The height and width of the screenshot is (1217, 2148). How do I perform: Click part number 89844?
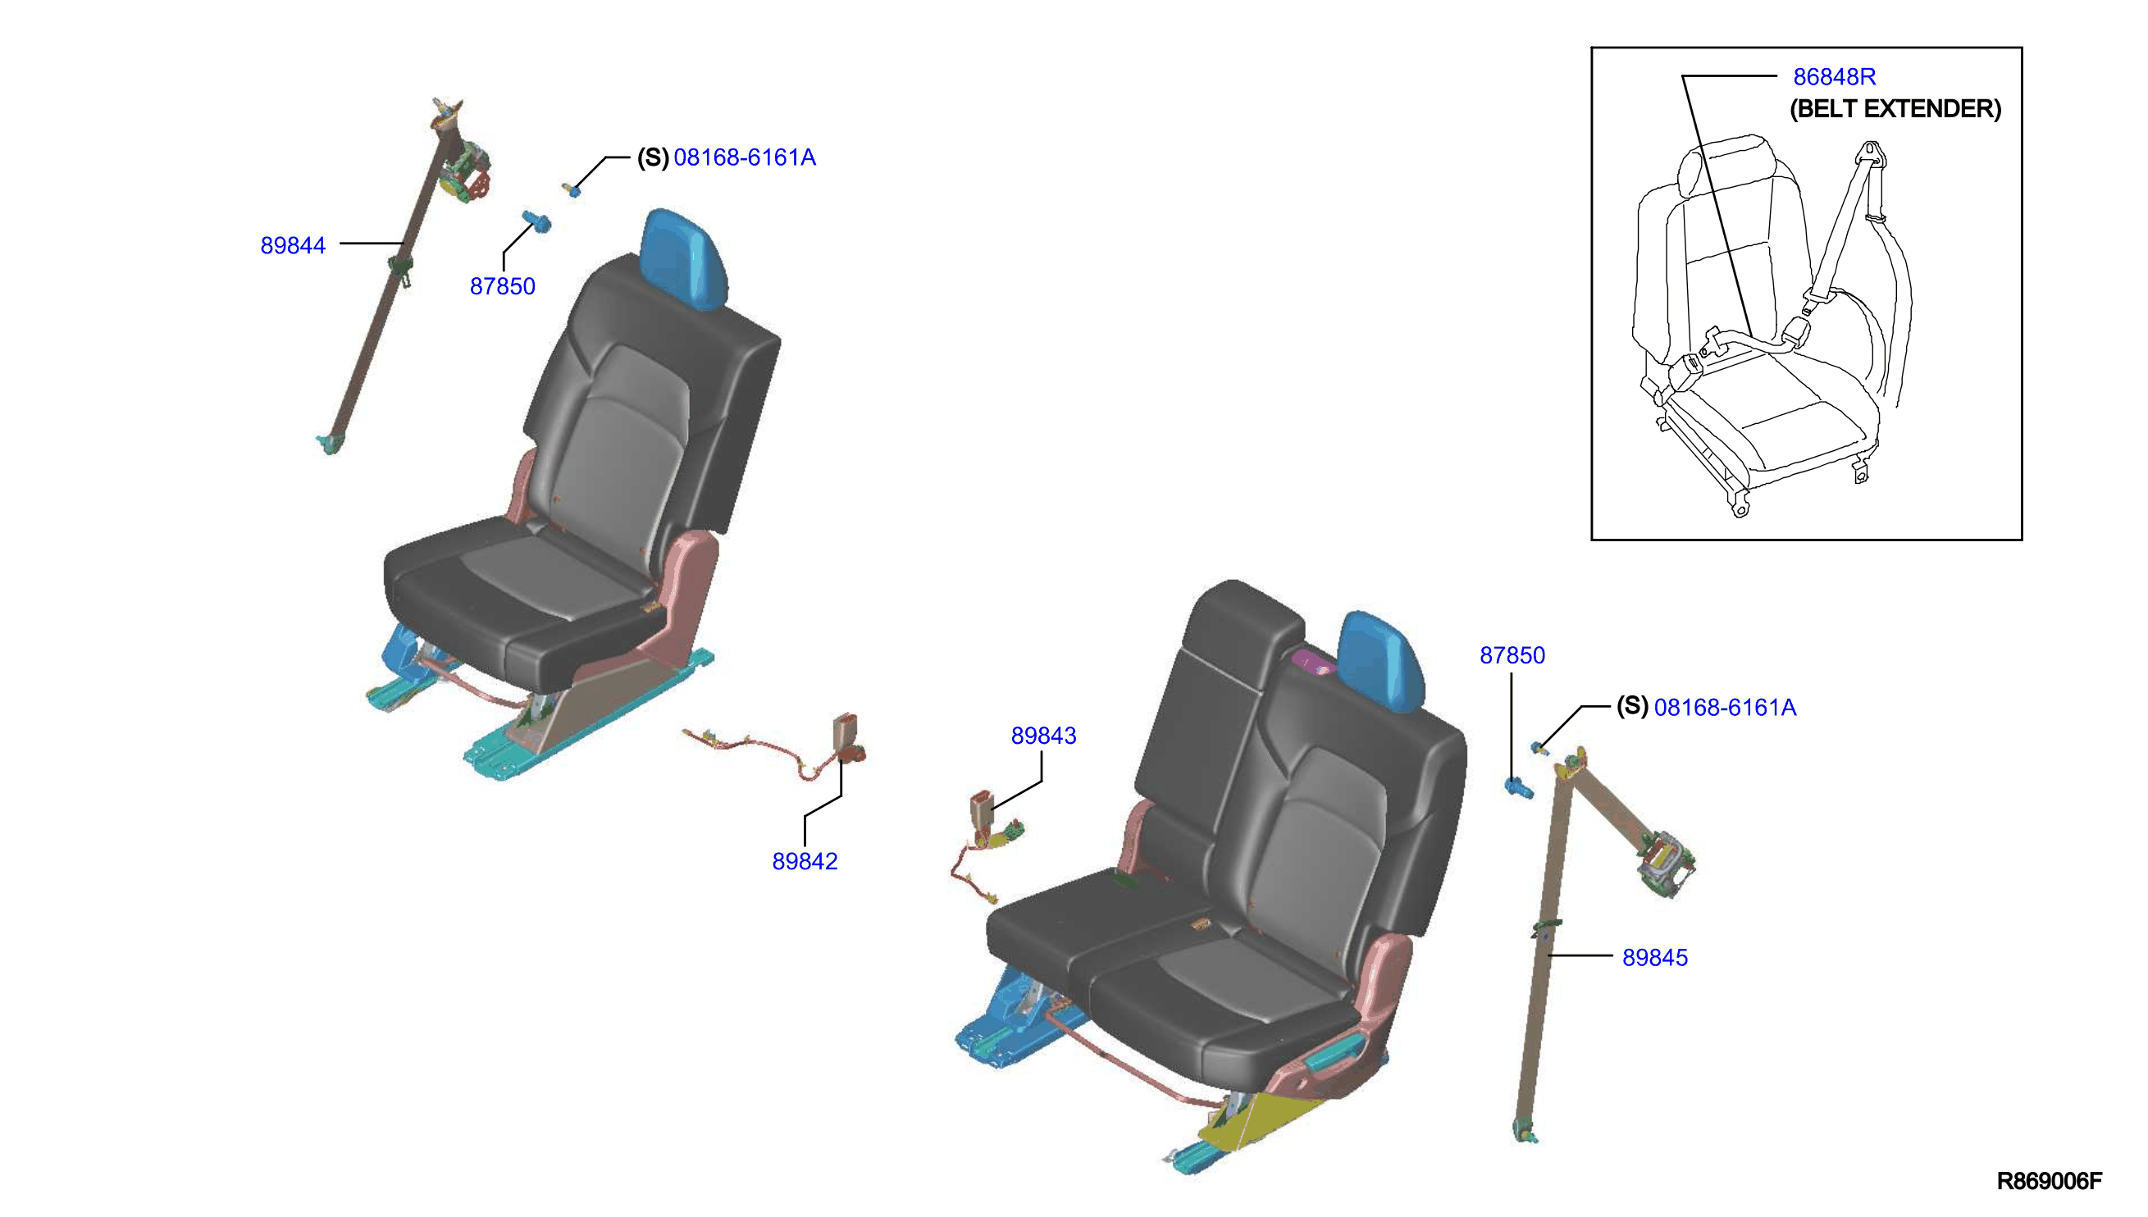[x=293, y=246]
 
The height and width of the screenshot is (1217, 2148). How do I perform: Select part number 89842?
[x=804, y=861]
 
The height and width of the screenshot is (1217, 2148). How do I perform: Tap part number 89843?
[x=1043, y=736]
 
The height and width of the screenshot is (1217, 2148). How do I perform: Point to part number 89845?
[x=1654, y=957]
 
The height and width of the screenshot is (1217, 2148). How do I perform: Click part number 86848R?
[x=1834, y=77]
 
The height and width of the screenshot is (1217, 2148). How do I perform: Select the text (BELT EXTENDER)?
[x=1895, y=108]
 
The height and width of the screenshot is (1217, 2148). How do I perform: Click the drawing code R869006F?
[x=2049, y=1181]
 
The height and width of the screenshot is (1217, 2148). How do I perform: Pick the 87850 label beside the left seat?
[x=501, y=287]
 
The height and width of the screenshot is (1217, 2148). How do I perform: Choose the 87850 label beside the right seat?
[x=1511, y=655]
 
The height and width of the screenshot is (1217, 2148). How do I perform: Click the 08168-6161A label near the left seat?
[x=744, y=157]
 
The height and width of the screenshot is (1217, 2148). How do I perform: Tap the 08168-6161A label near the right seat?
[x=1724, y=707]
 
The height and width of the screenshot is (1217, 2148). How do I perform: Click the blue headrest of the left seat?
[x=683, y=258]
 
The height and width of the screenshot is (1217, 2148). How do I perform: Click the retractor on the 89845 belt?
[x=1665, y=864]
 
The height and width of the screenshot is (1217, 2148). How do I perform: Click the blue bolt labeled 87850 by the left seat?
[x=536, y=221]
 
